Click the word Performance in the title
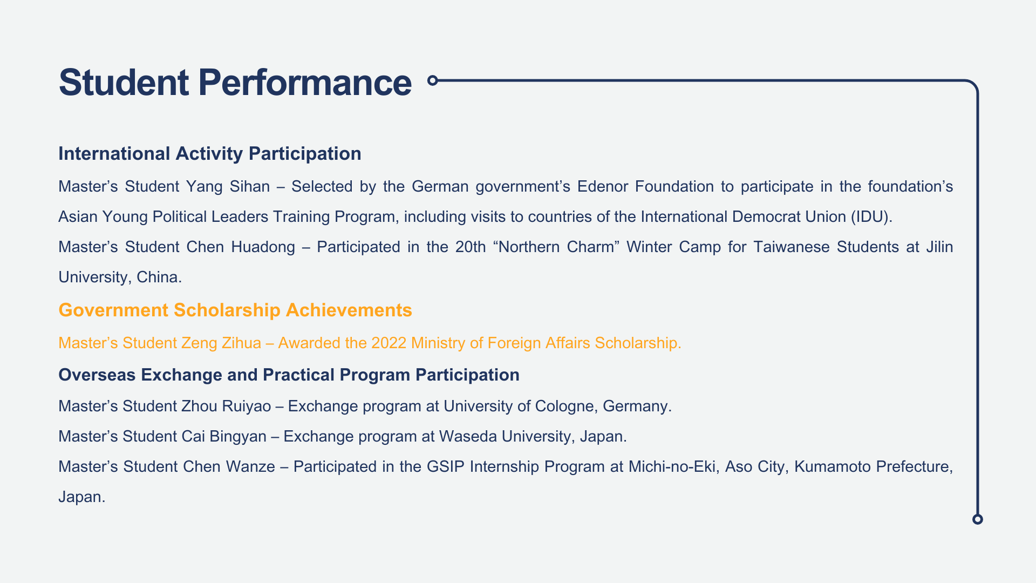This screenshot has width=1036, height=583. [x=305, y=83]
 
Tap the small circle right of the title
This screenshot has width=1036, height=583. [x=432, y=80]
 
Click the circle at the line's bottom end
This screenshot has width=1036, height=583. [x=978, y=519]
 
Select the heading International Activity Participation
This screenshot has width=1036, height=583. [x=210, y=154]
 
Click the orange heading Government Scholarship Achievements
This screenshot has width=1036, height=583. [x=235, y=310]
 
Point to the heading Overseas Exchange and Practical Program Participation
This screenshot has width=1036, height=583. [x=289, y=375]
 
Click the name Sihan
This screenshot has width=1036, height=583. [x=249, y=186]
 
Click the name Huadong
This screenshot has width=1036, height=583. [x=263, y=247]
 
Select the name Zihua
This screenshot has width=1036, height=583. [x=241, y=343]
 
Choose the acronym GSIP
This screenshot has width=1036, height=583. [x=446, y=466]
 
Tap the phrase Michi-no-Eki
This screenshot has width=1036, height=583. [x=672, y=466]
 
